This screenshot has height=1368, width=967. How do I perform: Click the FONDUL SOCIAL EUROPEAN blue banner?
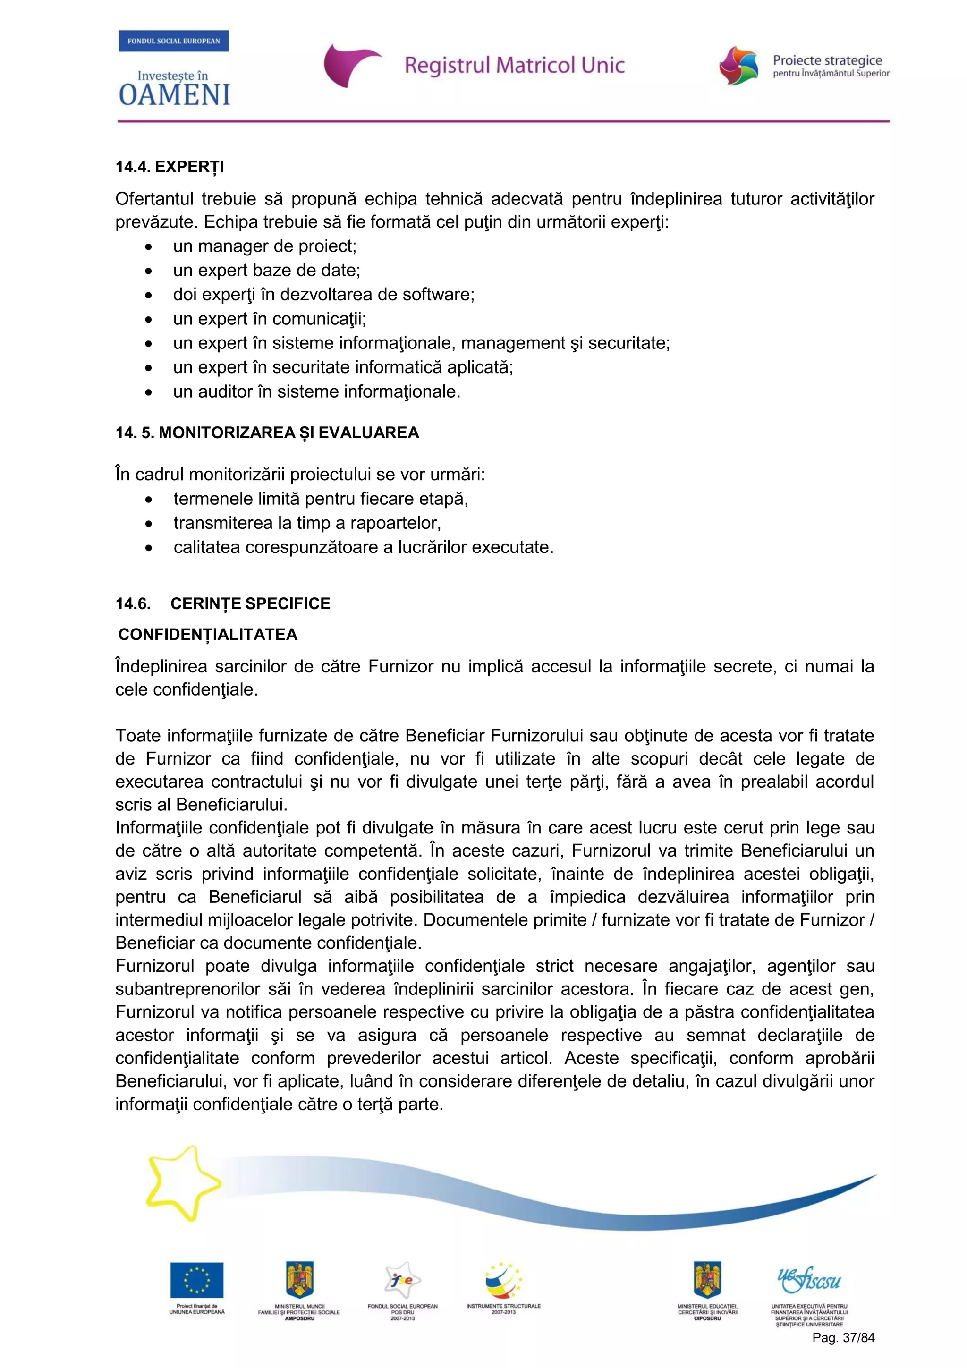click(173, 41)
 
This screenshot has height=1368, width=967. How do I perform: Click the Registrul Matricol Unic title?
click(514, 65)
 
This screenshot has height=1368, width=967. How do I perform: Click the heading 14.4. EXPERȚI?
click(170, 167)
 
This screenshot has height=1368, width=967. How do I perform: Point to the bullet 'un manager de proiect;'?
click(264, 246)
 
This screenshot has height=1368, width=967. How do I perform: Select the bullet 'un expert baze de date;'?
click(266, 271)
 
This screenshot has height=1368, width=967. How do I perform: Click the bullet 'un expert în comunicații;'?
click(269, 319)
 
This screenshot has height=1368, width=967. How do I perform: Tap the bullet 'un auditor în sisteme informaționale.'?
click(316, 391)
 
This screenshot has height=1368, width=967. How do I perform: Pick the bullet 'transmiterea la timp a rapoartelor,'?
click(307, 523)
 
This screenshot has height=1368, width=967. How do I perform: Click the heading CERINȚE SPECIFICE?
click(250, 603)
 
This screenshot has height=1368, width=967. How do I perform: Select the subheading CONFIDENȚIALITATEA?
click(208, 635)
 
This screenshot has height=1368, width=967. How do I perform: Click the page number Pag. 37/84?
click(843, 1338)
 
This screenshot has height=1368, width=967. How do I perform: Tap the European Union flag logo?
click(196, 1279)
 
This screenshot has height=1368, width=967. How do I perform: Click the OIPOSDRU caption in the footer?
click(707, 1318)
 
